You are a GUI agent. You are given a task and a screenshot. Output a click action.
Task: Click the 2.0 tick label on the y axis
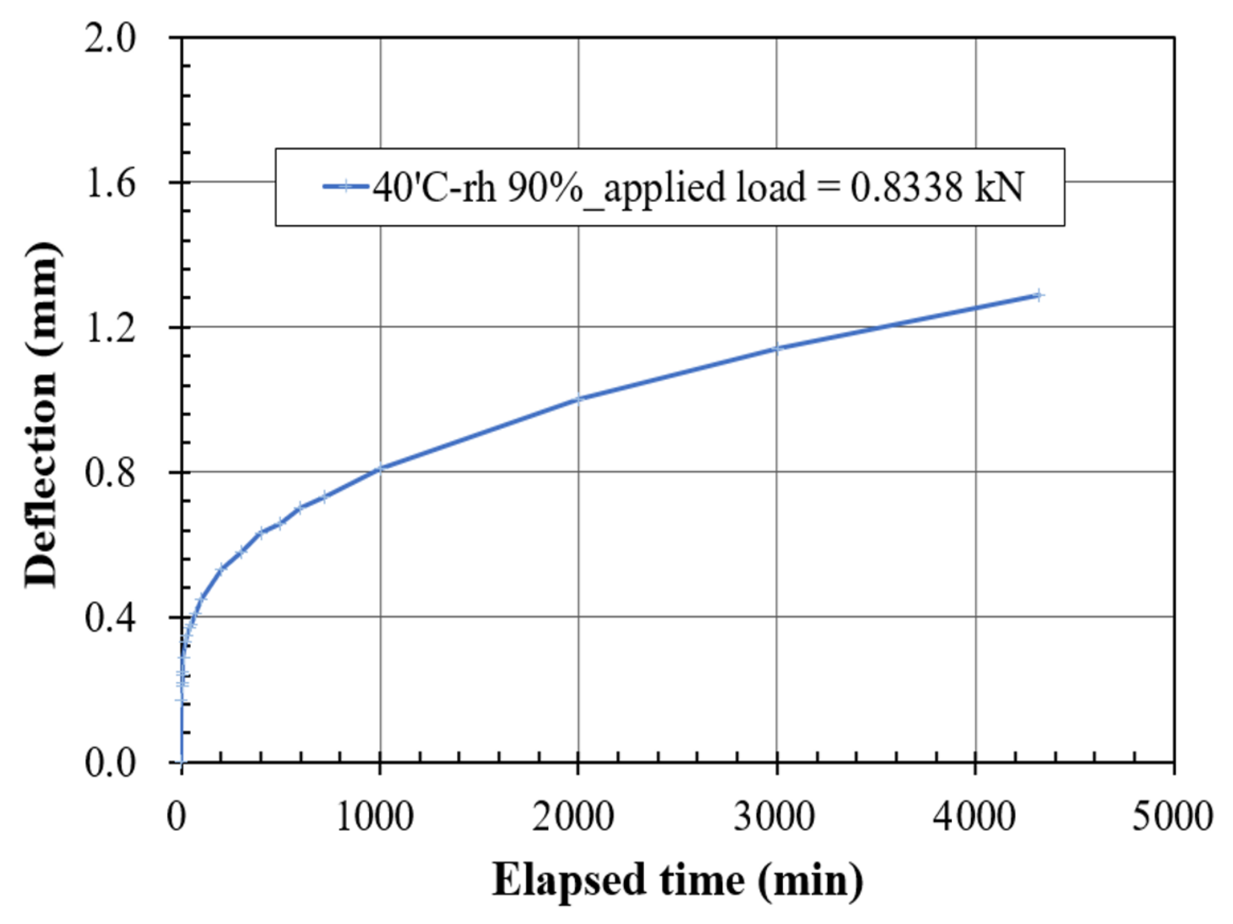[x=109, y=39]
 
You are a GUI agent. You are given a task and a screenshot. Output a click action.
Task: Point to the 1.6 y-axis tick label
[x=109, y=183]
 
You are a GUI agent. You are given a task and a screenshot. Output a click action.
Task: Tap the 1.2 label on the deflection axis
[x=109, y=328]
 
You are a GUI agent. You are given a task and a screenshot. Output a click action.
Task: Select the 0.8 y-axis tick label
[x=109, y=473]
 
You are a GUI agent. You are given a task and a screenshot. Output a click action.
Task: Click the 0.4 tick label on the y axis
[x=109, y=618]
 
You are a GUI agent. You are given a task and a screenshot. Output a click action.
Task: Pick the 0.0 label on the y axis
[x=109, y=763]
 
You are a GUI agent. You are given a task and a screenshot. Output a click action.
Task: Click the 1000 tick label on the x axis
[x=375, y=817]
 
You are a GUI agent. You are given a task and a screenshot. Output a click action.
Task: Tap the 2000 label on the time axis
[x=573, y=817]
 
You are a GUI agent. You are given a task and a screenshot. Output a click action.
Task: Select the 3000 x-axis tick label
[x=774, y=817]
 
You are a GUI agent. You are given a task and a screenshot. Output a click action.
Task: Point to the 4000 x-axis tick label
[x=974, y=817]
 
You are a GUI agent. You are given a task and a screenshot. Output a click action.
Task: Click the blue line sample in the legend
[x=346, y=187]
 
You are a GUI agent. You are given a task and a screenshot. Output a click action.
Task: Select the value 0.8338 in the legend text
[x=907, y=188]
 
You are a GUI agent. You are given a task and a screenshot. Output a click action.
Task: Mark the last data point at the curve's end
[x=1038, y=295]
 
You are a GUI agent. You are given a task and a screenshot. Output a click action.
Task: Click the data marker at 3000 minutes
[x=777, y=348]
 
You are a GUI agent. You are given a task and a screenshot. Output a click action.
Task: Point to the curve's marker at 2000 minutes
[x=578, y=399]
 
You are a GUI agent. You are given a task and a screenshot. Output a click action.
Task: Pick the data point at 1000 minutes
[x=380, y=468]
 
